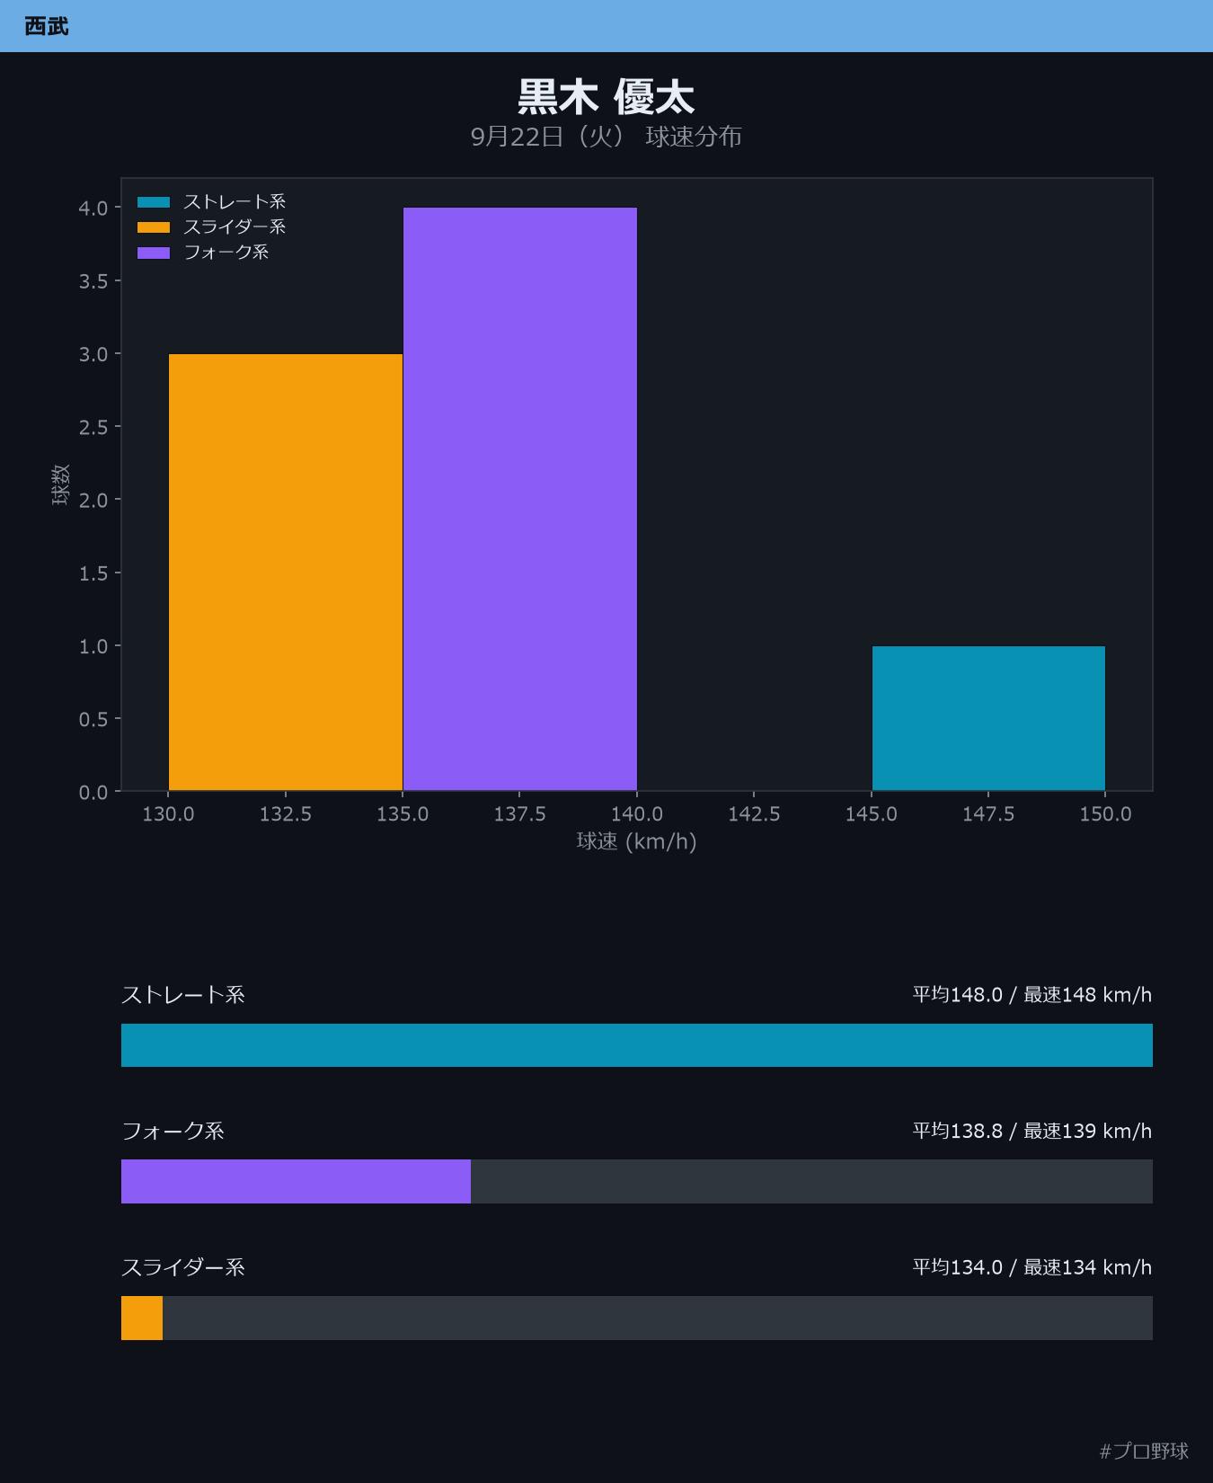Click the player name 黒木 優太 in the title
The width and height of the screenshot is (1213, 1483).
(x=606, y=97)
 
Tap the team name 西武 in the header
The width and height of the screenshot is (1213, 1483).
(x=47, y=26)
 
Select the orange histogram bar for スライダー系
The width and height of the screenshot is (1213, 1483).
(x=286, y=573)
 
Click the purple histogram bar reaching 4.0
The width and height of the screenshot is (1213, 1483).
(x=520, y=499)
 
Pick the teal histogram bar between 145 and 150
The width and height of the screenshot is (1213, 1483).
(x=988, y=718)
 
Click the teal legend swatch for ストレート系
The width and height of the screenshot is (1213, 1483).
(x=154, y=202)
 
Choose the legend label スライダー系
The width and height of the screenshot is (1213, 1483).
(x=235, y=226)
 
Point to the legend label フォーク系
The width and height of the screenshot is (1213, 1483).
(x=226, y=252)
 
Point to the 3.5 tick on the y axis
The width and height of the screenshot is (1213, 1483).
(x=93, y=281)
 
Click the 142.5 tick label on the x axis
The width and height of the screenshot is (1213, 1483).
(x=754, y=813)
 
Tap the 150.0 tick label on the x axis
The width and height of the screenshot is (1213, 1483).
(x=1105, y=813)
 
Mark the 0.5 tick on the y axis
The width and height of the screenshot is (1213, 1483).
(x=93, y=719)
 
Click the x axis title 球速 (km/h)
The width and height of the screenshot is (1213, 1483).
(x=636, y=841)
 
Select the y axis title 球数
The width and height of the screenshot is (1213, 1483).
(x=60, y=484)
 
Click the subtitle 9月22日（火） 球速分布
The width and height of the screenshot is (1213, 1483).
(x=606, y=137)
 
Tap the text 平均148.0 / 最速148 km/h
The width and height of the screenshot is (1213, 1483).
(x=1031, y=994)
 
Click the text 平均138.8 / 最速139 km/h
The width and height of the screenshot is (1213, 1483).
(x=1031, y=1131)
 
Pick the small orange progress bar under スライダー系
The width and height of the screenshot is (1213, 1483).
(x=142, y=1318)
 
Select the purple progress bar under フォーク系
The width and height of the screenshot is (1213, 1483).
(x=296, y=1181)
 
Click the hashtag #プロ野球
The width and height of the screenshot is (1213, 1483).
(x=1144, y=1451)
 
